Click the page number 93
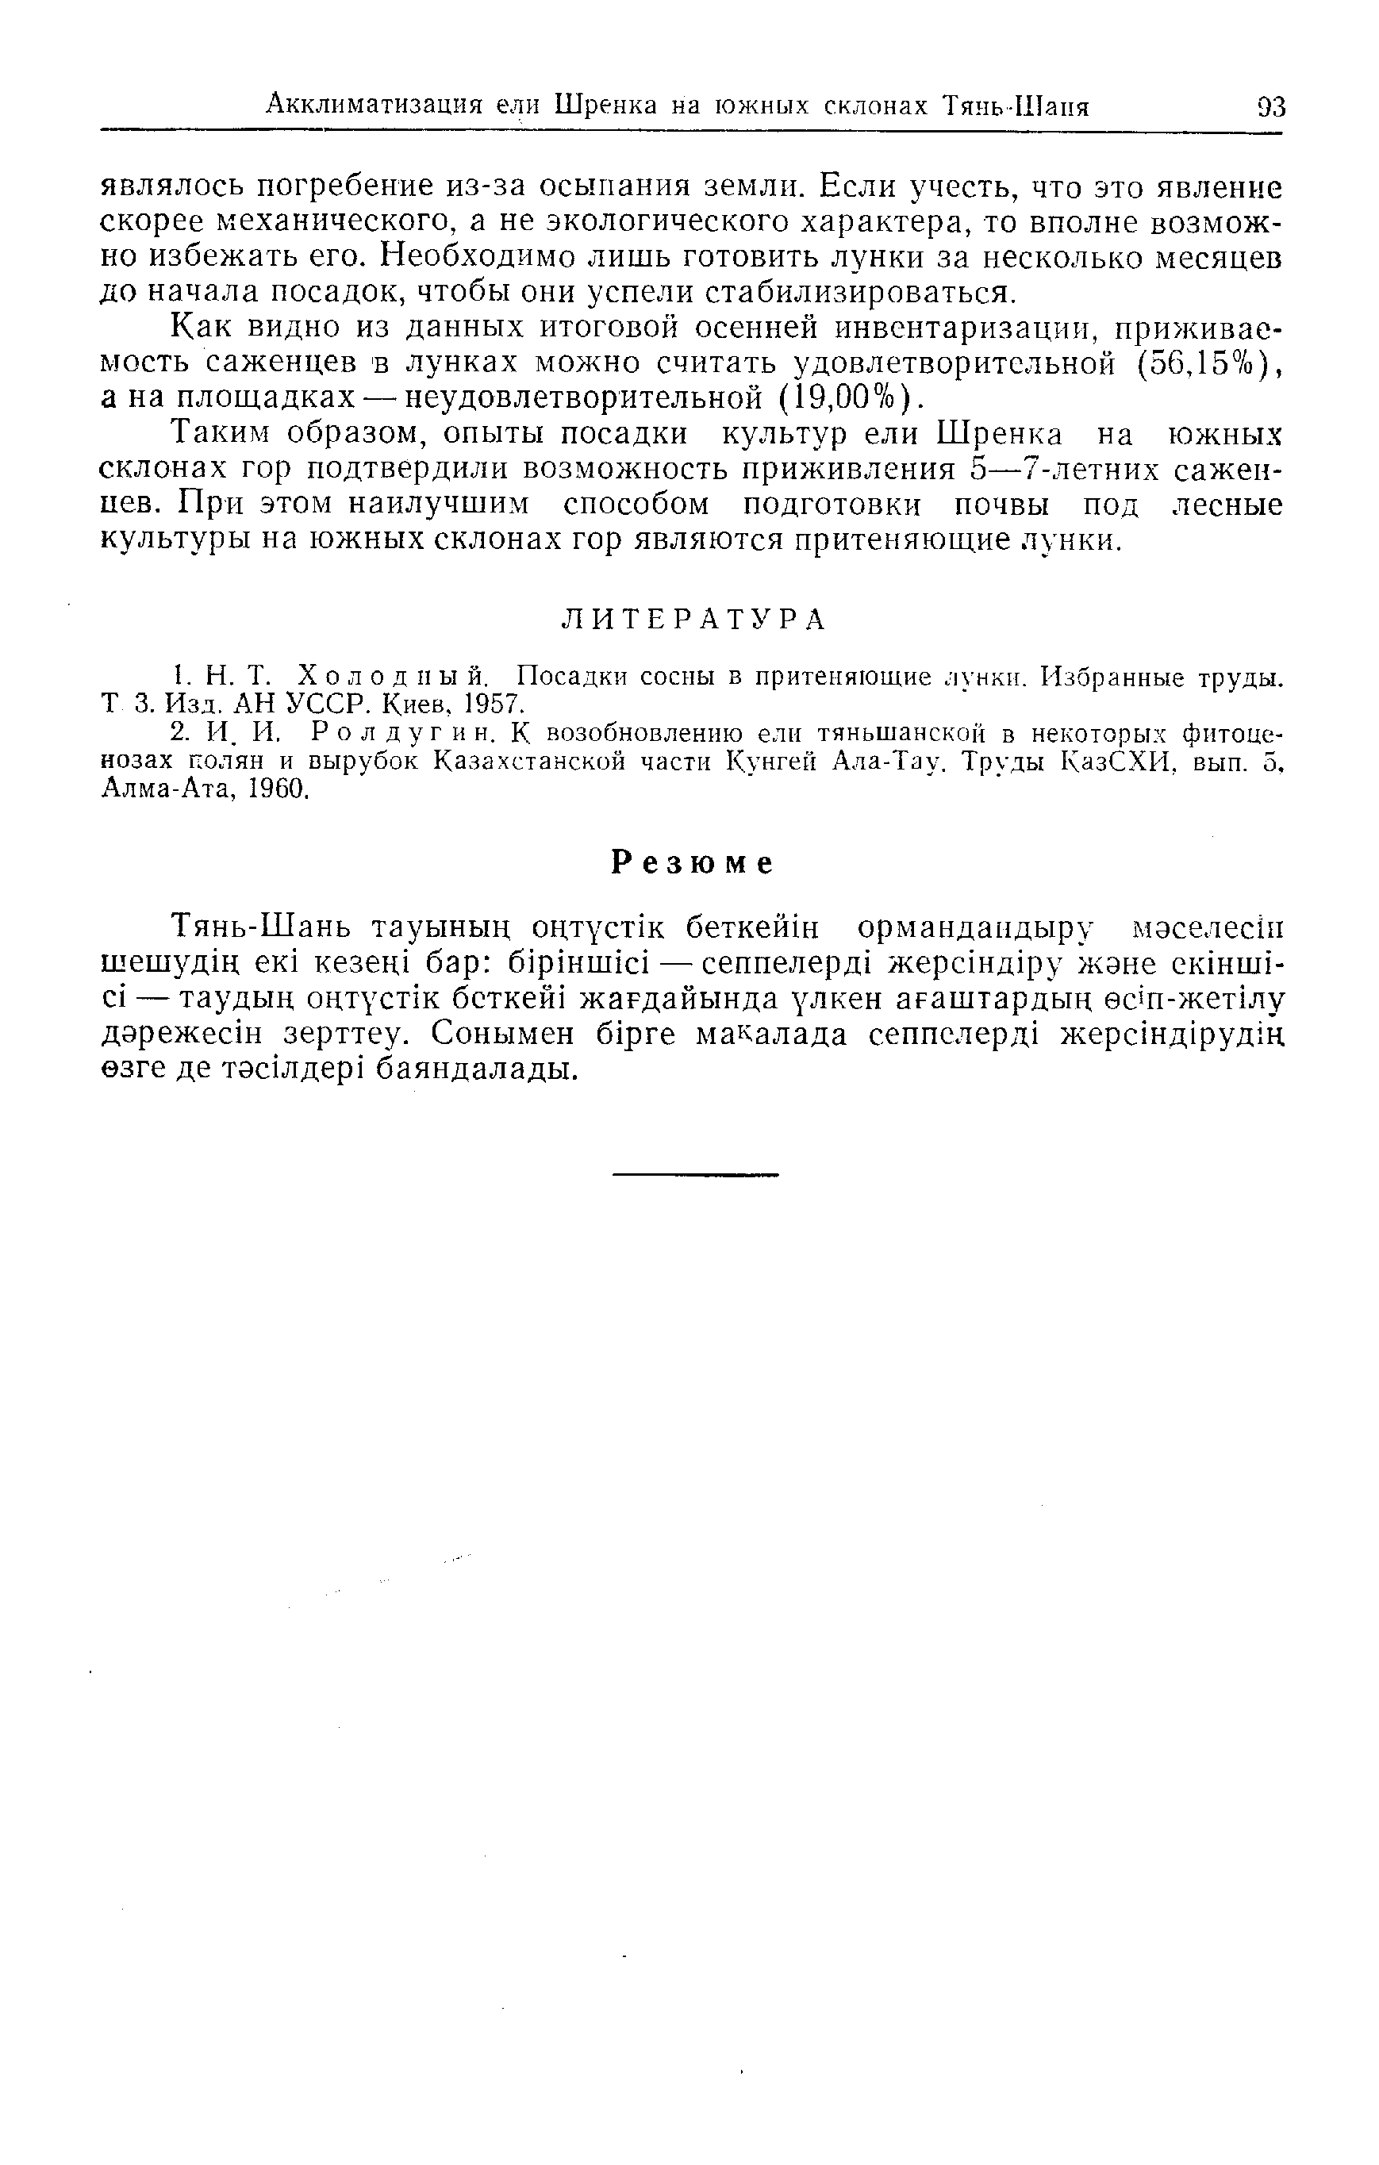click(1270, 107)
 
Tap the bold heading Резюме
click(692, 863)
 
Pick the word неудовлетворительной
click(579, 397)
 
